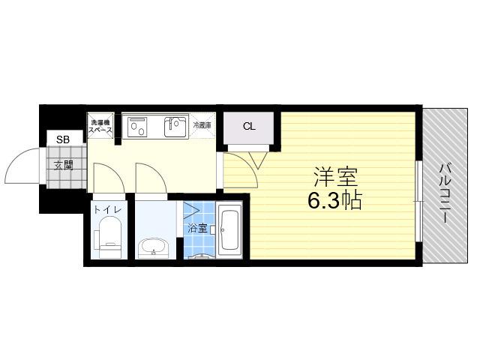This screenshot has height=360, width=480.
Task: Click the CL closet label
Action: (249, 126)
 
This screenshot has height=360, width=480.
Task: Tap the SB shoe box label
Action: (63, 139)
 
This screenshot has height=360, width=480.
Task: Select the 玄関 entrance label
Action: (63, 166)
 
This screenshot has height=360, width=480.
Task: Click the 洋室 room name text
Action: (335, 177)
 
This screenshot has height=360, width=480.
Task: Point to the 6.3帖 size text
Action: (335, 200)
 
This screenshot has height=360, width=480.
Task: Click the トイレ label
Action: (108, 210)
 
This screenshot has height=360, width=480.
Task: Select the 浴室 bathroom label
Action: (197, 228)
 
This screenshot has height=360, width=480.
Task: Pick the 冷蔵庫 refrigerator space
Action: (202, 125)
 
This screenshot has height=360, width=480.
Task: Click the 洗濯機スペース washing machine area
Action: (100, 126)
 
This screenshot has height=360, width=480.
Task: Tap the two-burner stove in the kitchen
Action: (137, 127)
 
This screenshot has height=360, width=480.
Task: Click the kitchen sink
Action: (175, 127)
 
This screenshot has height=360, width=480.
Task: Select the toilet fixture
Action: (109, 236)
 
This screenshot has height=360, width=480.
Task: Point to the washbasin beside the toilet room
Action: (153, 247)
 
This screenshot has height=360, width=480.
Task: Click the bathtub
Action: (229, 230)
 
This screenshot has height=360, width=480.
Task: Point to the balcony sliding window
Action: (418, 201)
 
